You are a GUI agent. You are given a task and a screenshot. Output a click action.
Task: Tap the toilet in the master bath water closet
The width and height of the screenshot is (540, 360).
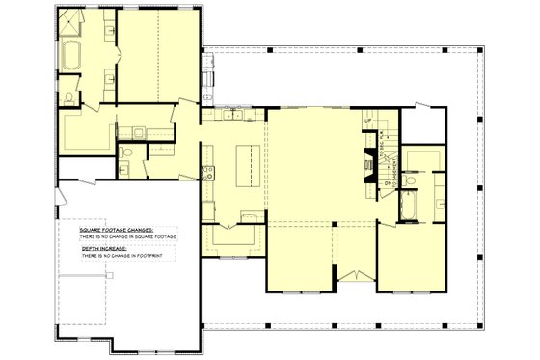point(69,97)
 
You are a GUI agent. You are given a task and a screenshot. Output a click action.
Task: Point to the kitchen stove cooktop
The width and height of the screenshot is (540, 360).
point(205,173)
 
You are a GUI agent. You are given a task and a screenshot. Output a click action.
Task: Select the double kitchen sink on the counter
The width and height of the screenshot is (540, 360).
point(233,115)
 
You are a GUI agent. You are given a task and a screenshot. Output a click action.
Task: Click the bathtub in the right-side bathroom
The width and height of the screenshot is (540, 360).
point(405,205)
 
